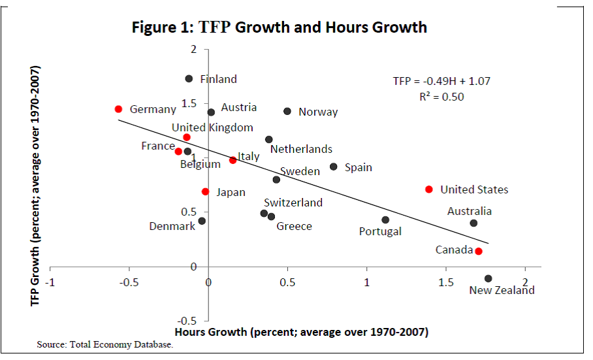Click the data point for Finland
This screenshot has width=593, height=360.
(189, 78)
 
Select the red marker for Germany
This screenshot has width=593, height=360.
(118, 109)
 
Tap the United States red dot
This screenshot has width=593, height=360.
(429, 189)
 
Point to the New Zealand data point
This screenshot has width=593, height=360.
(489, 278)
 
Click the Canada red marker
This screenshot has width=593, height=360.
(479, 251)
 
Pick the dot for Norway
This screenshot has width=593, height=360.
(287, 111)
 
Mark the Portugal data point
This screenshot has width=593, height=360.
(385, 220)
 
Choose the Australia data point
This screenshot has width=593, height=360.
(473, 223)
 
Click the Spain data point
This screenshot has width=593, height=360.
(334, 167)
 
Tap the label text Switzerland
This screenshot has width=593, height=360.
(293, 203)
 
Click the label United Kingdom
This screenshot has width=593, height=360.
(212, 127)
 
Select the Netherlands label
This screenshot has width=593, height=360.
(301, 149)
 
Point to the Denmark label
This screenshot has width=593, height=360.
(172, 226)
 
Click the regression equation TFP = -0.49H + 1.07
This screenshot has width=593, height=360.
(441, 82)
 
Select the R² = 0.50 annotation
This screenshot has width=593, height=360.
(441, 96)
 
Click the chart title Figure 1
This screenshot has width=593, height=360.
(280, 27)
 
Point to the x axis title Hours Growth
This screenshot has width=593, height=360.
(301, 332)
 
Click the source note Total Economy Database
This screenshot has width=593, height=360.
(105, 345)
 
